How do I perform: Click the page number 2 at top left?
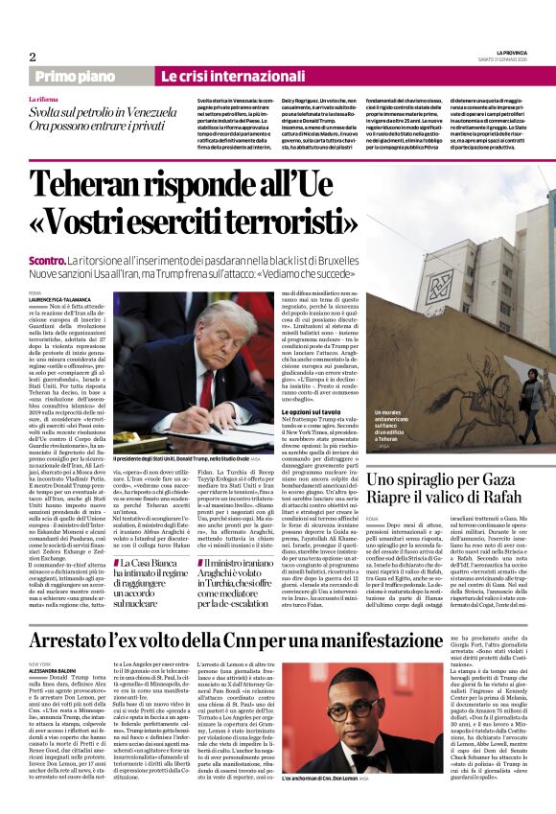click(x=33, y=57)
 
